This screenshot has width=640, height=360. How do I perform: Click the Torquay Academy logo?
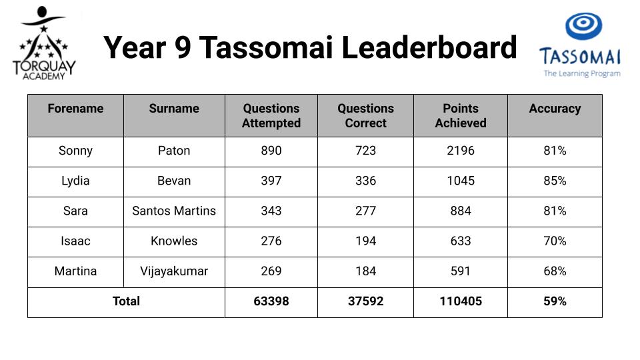(x=44, y=43)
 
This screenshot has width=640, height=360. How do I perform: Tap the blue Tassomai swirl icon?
(x=584, y=26)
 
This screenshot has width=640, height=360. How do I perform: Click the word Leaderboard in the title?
(x=429, y=47)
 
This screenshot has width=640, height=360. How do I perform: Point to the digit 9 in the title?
(x=183, y=48)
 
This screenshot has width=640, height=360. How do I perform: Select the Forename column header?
(x=75, y=108)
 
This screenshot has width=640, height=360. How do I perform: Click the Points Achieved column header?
(x=461, y=115)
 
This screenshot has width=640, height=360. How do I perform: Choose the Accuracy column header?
(x=555, y=109)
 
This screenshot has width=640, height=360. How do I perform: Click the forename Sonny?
(x=75, y=151)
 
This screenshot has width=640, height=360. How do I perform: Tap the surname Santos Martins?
(x=174, y=211)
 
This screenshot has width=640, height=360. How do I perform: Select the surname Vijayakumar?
(x=174, y=271)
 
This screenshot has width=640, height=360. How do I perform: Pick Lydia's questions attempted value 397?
(x=271, y=181)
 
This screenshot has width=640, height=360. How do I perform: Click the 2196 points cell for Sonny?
(x=461, y=151)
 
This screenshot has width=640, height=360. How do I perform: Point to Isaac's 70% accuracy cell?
(x=555, y=241)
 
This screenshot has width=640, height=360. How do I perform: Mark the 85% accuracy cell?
(x=555, y=181)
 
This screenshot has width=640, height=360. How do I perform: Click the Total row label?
(x=126, y=301)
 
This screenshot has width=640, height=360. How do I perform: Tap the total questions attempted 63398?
(x=271, y=301)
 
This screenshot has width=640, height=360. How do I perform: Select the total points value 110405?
(x=461, y=301)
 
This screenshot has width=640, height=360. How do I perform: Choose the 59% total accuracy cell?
(x=555, y=301)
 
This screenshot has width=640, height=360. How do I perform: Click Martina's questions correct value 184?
(x=365, y=271)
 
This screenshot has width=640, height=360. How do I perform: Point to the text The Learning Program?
(x=581, y=73)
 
